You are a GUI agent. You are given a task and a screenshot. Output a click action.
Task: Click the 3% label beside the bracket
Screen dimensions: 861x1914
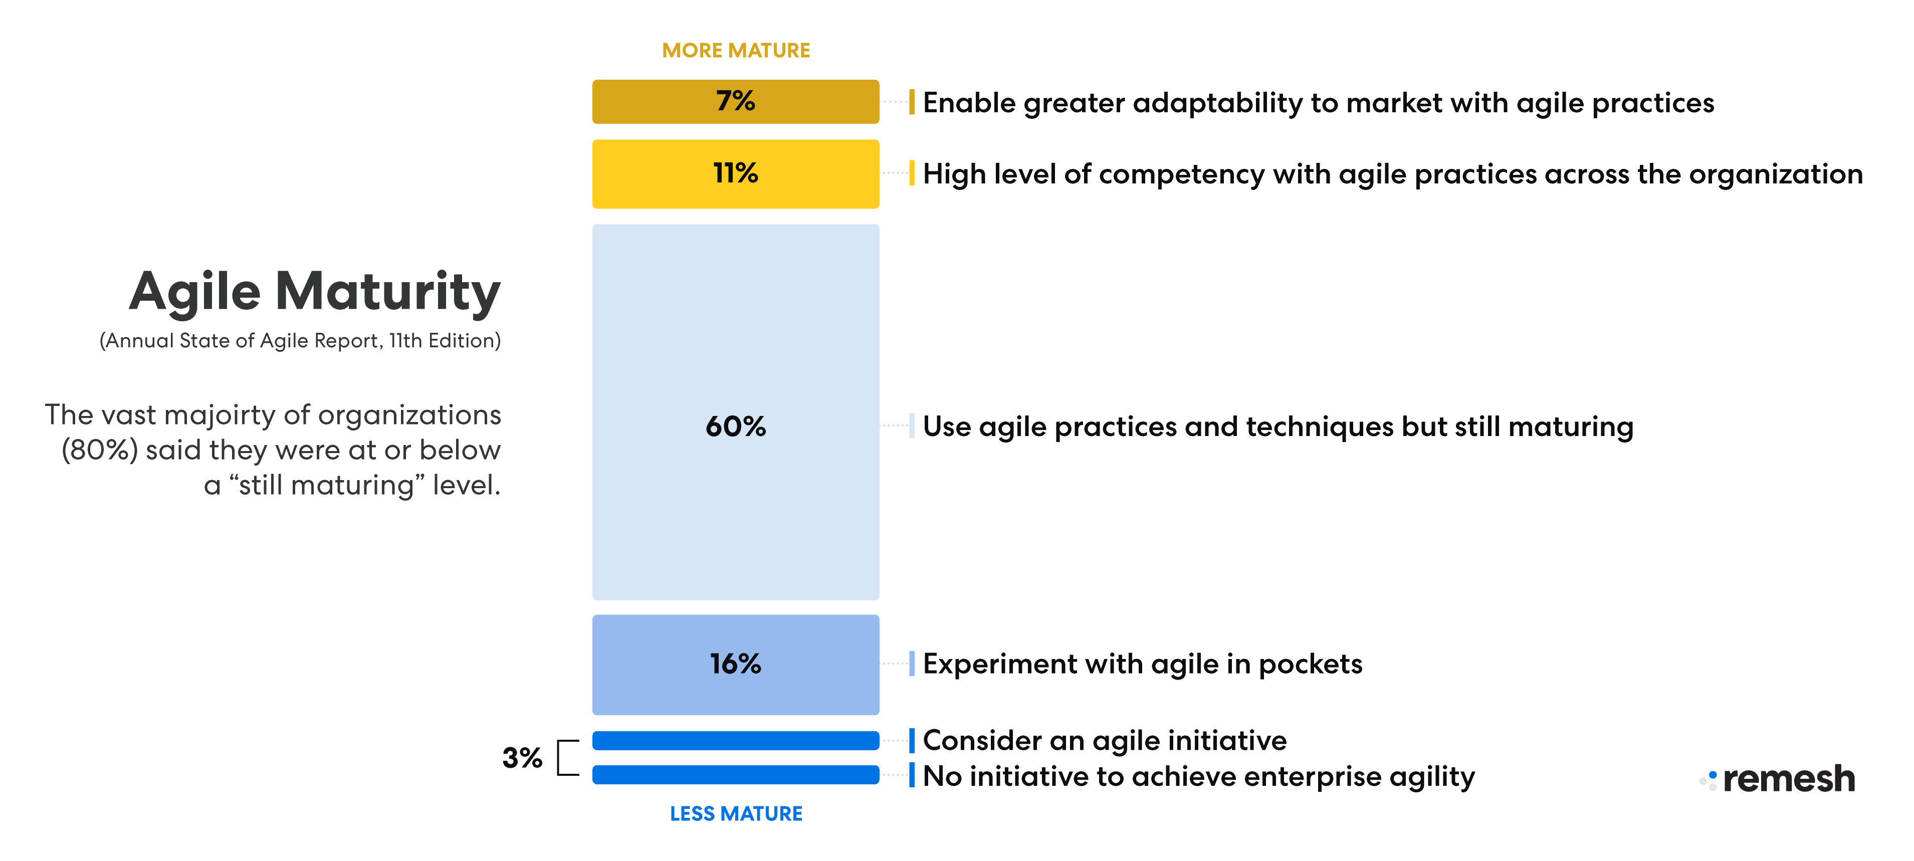tap(522, 758)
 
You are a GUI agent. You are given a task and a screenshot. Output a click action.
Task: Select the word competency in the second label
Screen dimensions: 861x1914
tap(1181, 174)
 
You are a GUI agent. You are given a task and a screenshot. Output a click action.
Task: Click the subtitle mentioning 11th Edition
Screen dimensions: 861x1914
tap(300, 341)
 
